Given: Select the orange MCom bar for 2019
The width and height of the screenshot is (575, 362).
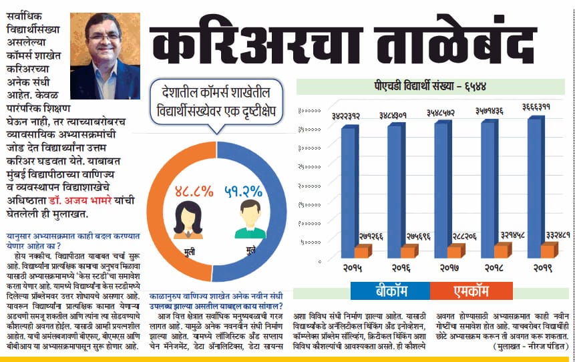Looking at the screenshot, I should [548, 250].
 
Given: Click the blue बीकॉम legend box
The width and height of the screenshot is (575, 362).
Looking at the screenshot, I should [390, 292].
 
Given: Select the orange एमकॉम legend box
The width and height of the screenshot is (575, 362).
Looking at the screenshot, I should [468, 292].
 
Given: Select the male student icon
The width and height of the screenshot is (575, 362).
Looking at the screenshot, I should [247, 220].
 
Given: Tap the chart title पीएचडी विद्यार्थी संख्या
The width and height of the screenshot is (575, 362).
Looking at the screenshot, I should [429, 86].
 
